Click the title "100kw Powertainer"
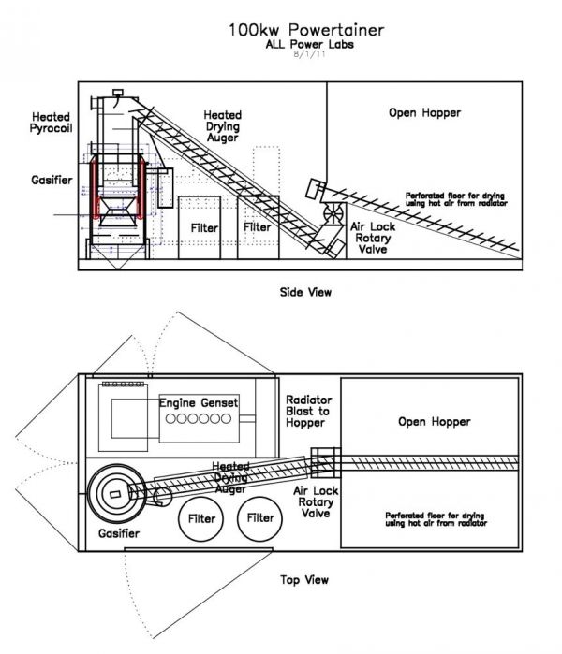click(306, 30)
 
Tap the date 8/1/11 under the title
click(309, 54)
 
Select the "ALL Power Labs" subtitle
click(309, 44)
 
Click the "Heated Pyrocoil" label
click(51, 123)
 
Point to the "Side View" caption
click(305, 292)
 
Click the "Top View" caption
click(304, 580)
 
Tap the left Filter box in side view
click(200, 227)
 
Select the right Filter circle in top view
click(259, 519)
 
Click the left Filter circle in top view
click(200, 519)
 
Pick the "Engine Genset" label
click(199, 403)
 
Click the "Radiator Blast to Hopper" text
click(308, 412)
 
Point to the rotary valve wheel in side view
click(333, 213)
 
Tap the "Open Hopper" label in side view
click(424, 112)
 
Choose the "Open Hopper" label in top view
click(435, 422)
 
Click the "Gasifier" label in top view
click(119, 533)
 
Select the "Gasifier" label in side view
click(52, 181)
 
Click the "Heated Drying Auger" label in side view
click(223, 126)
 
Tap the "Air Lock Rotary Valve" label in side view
click(373, 238)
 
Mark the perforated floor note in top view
click(436, 519)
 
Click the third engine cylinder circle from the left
click(193, 418)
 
